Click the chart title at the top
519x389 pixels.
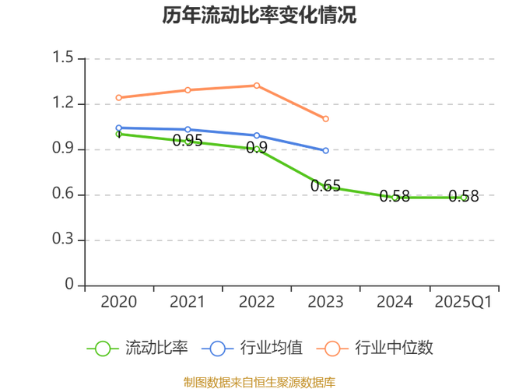point(260,16)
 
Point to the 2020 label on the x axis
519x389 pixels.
point(118,302)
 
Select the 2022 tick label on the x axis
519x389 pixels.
point(257,302)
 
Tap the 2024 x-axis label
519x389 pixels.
point(395,302)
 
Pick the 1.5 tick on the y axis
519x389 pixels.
point(63,58)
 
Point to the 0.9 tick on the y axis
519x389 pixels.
point(63,149)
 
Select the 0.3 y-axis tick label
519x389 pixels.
point(63,240)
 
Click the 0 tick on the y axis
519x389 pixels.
point(69,285)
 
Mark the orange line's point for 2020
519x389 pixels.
point(118,97)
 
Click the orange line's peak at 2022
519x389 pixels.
point(257,85)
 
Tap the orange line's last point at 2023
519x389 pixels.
point(326,119)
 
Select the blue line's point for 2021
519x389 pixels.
point(188,129)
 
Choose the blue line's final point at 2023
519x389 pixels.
point(326,151)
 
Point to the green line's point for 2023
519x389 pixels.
point(326,187)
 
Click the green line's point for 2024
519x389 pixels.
point(395,198)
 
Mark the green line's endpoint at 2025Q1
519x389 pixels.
point(464,198)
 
